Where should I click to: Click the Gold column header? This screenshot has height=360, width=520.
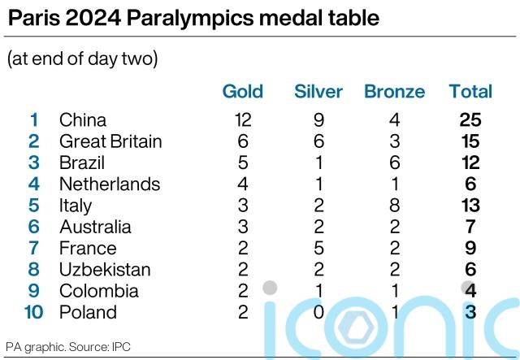[242, 92]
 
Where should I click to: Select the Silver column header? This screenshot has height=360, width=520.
[318, 92]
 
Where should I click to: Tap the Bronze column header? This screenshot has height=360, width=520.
[395, 92]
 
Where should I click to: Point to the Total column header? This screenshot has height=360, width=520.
[470, 92]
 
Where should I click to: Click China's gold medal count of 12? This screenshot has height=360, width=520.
[242, 120]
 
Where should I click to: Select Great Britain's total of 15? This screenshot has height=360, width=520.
[470, 141]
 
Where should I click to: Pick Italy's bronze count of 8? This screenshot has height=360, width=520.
[395, 206]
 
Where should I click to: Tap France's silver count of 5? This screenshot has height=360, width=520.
[318, 248]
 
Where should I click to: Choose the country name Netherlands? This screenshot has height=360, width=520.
[110, 184]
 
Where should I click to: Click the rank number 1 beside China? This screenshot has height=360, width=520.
[34, 120]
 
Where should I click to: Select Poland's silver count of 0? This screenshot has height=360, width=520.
[318, 312]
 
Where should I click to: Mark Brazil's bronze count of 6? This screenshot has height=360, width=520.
[395, 163]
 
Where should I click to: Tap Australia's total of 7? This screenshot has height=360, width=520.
[470, 227]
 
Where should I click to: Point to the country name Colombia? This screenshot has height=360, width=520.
[98, 291]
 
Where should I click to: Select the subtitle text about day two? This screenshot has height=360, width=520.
[82, 59]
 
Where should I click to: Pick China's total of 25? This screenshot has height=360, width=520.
[470, 120]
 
